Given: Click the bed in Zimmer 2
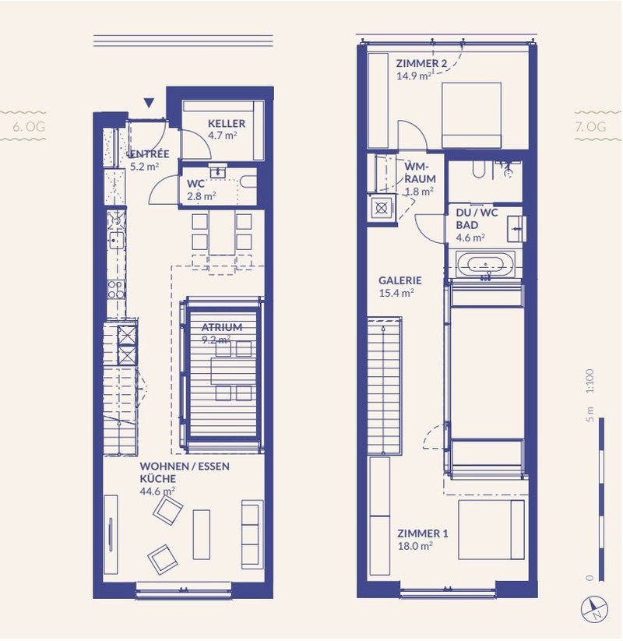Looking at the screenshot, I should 471,114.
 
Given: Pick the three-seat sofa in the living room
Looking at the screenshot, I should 251,534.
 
